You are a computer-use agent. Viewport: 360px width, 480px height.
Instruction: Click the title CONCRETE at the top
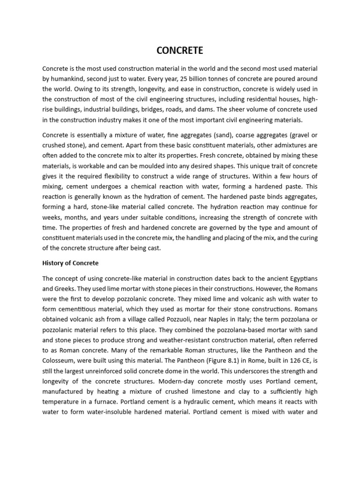click(x=180, y=51)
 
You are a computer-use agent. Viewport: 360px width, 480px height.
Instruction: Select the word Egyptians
click(x=299, y=279)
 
